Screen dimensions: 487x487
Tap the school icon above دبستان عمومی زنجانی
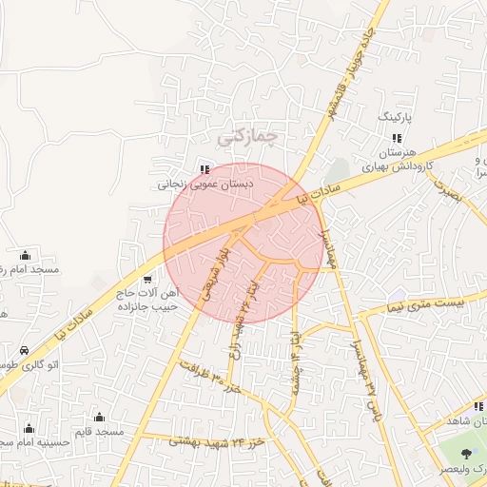pos(204,170)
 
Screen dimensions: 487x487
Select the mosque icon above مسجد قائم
pos(99,417)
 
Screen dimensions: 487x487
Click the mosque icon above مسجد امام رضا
pos(25,255)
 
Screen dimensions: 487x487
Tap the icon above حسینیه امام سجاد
pos(29,427)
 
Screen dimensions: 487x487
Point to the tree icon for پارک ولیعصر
pos(466,454)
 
